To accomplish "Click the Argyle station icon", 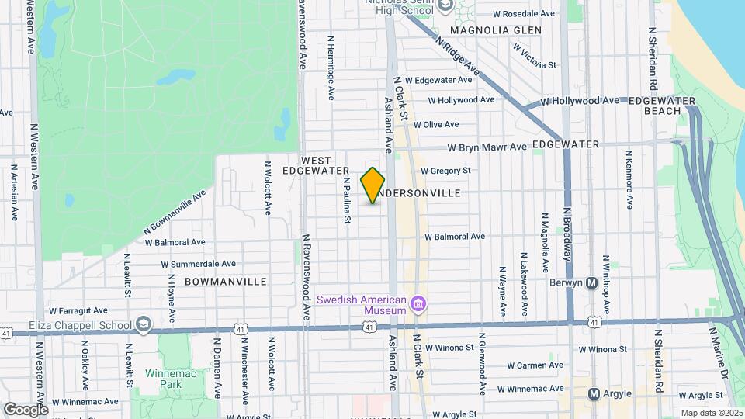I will (x=595, y=393).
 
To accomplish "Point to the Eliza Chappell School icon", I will (x=143, y=323).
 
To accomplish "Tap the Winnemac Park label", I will (x=163, y=378).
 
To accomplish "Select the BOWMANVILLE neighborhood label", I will (x=225, y=282).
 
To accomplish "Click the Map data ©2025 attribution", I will (x=711, y=413).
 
